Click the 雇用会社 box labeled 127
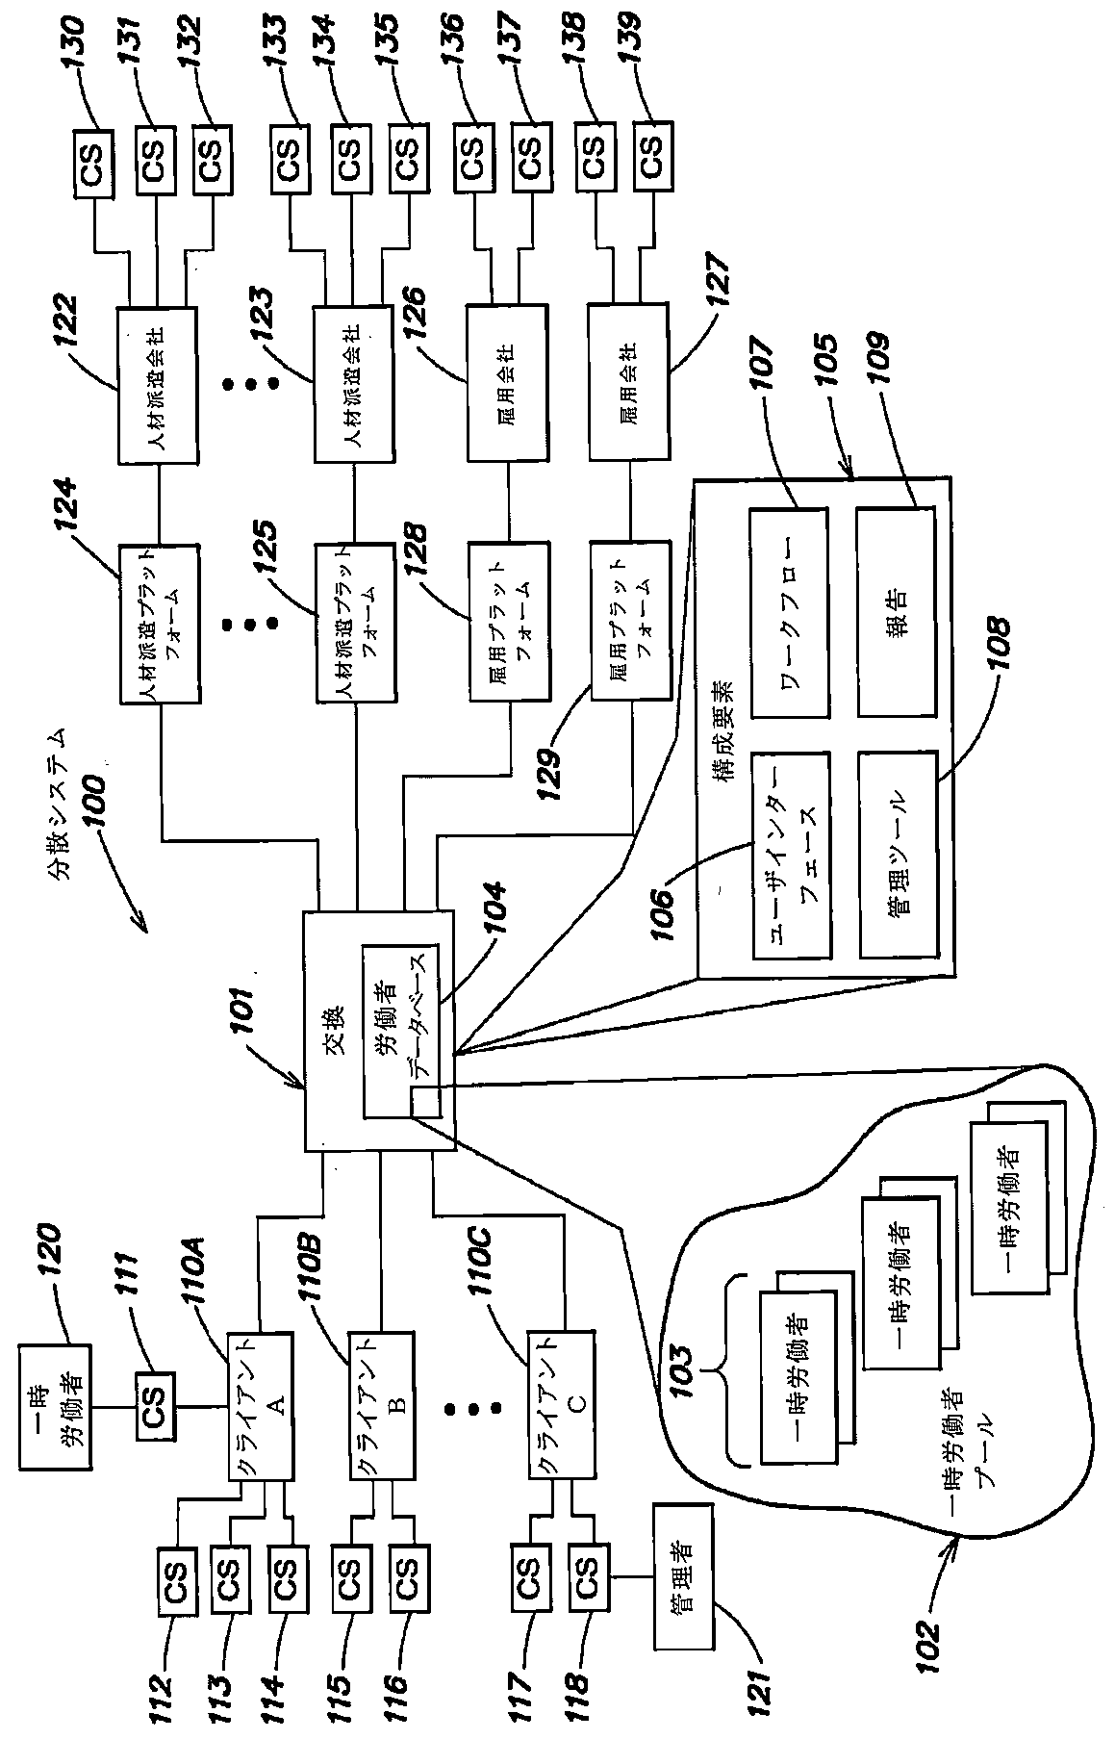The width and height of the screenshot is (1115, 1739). coord(628,382)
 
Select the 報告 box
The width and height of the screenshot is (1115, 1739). coord(896,613)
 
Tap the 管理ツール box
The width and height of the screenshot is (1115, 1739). coord(896,854)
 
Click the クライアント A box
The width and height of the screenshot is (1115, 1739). coord(260,1406)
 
